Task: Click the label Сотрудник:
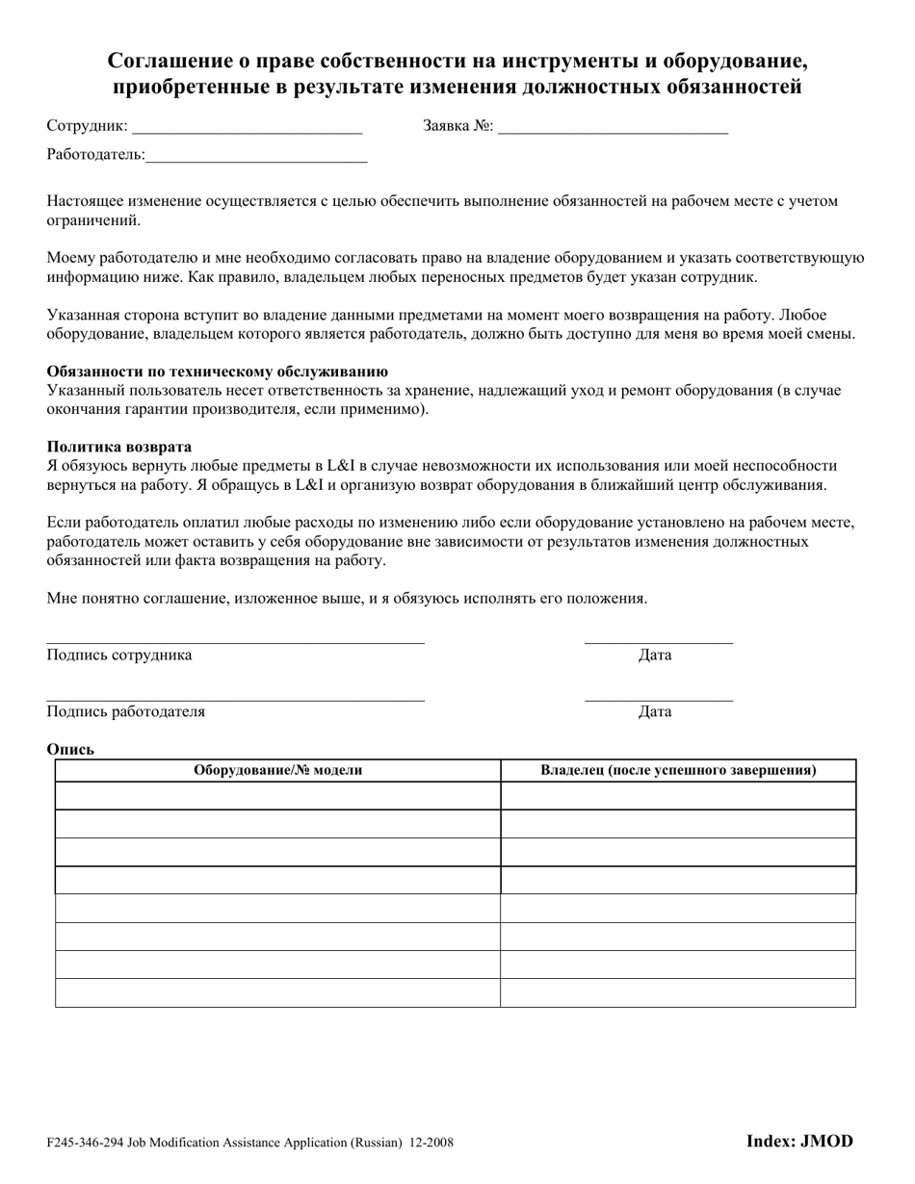[x=87, y=125]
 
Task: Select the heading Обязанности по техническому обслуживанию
[x=218, y=372]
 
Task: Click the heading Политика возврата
[x=119, y=447]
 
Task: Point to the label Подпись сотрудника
[x=119, y=655]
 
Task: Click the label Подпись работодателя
[x=126, y=711]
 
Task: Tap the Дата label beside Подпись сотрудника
[x=655, y=655]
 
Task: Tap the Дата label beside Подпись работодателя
[x=655, y=711]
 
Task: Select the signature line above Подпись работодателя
[x=236, y=700]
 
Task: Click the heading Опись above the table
[x=70, y=749]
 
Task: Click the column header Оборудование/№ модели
[x=278, y=770]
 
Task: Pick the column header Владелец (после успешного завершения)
[x=678, y=770]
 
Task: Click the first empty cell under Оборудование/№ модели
[x=278, y=796]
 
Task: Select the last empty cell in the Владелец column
[x=678, y=992]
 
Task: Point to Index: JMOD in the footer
[x=799, y=1142]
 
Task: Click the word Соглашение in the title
[x=168, y=62]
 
